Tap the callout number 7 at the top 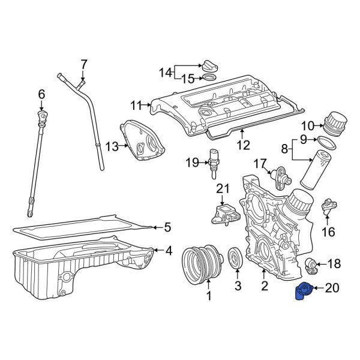[x=84, y=64]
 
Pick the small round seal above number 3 [x=235, y=259]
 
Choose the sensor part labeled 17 [x=280, y=175]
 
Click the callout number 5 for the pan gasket [x=167, y=227]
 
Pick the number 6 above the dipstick [x=41, y=94]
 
